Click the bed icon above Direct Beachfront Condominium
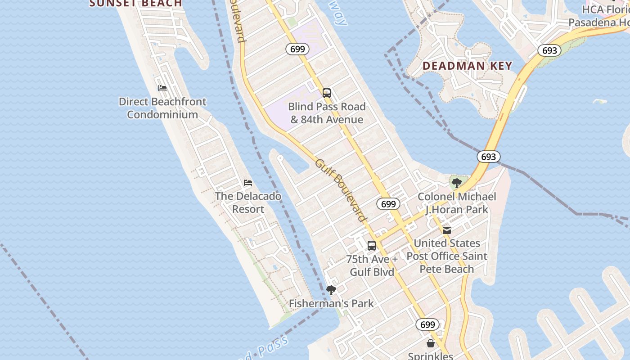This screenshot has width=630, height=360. pyautogui.click(x=162, y=88)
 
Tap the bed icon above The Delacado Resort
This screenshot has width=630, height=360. pyautogui.click(x=248, y=183)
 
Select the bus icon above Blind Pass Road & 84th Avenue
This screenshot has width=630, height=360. pyautogui.click(x=327, y=93)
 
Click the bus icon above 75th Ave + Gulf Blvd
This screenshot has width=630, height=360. pyautogui.click(x=372, y=246)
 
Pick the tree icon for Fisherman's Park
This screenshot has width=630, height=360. pyautogui.click(x=331, y=290)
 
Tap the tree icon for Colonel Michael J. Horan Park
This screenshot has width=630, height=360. pyautogui.click(x=457, y=183)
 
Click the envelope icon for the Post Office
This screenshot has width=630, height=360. pyautogui.click(x=447, y=230)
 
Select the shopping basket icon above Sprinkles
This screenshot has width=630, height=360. pyautogui.click(x=431, y=343)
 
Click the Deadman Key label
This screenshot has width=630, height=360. pyautogui.click(x=468, y=66)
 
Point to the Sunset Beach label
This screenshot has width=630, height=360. pyautogui.click(x=136, y=4)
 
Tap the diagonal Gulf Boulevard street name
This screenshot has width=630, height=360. pyautogui.click(x=341, y=190)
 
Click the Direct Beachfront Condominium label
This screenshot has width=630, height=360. pyautogui.click(x=162, y=108)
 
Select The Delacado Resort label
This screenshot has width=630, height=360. pyautogui.click(x=248, y=202)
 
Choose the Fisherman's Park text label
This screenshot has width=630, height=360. pyautogui.click(x=331, y=303)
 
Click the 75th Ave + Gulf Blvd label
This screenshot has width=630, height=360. pyautogui.click(x=372, y=265)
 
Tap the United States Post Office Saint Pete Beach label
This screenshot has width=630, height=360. pyautogui.click(x=447, y=256)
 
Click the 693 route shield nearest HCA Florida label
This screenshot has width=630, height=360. pyautogui.click(x=549, y=50)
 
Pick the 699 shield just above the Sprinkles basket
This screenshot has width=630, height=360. pyautogui.click(x=427, y=324)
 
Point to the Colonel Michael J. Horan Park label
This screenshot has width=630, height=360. pyautogui.click(x=457, y=203)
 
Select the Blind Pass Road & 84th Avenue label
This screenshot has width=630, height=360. pyautogui.click(x=327, y=113)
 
